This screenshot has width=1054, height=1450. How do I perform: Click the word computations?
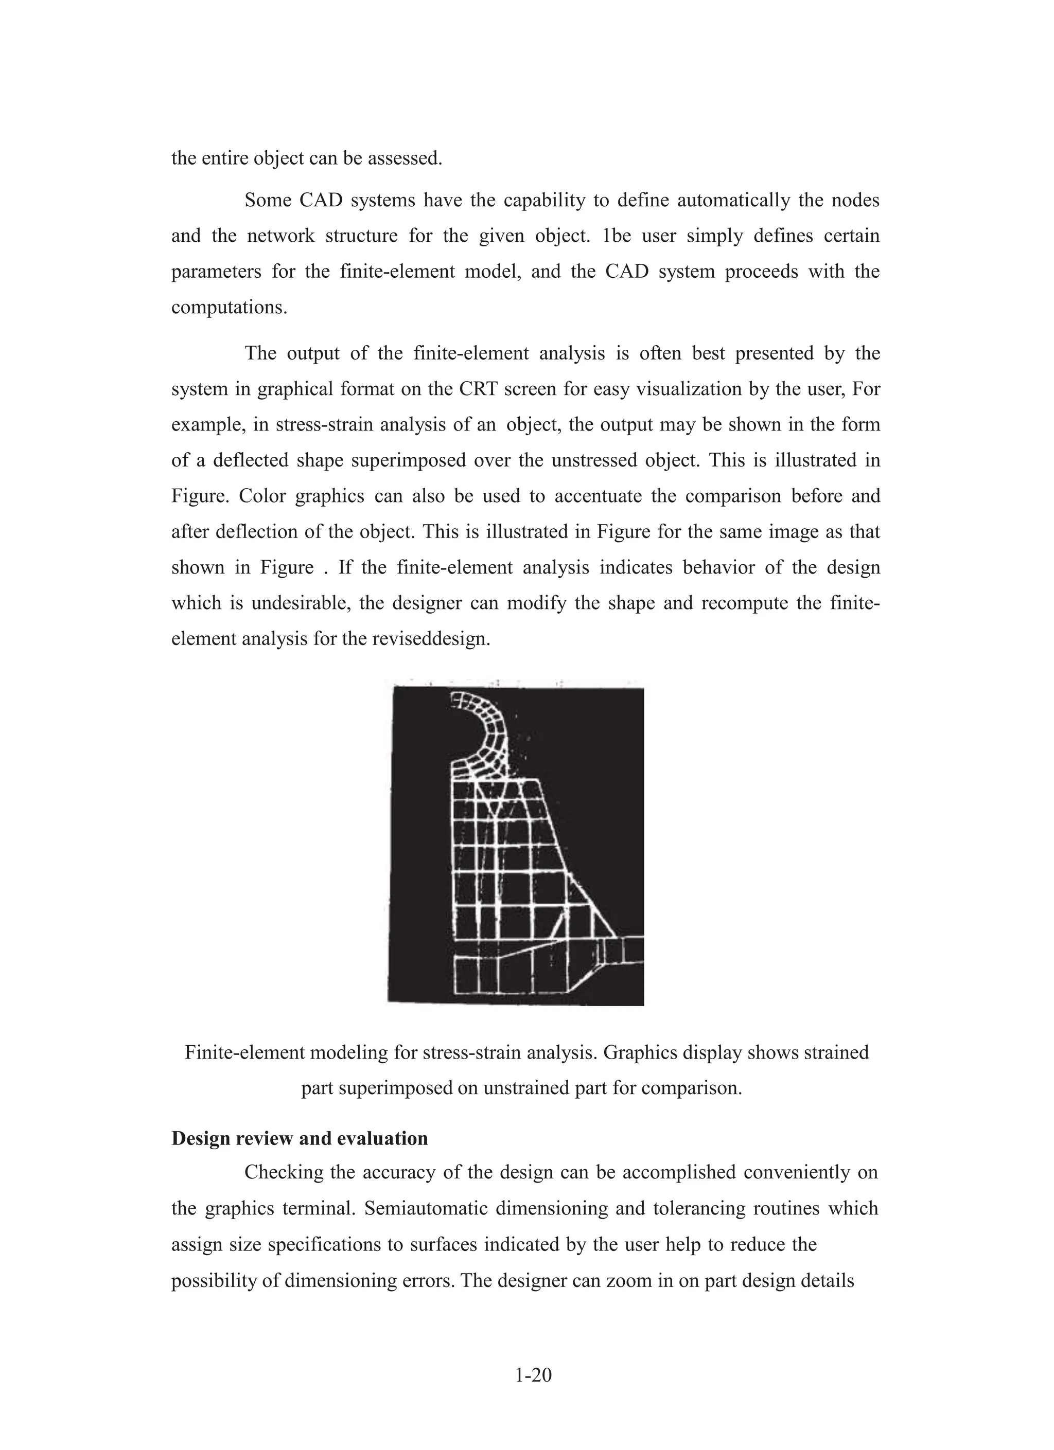tap(229, 308)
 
